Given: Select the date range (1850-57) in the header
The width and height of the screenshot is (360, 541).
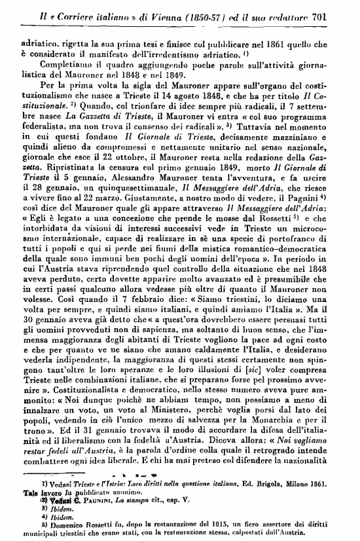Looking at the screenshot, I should point(213,8).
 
